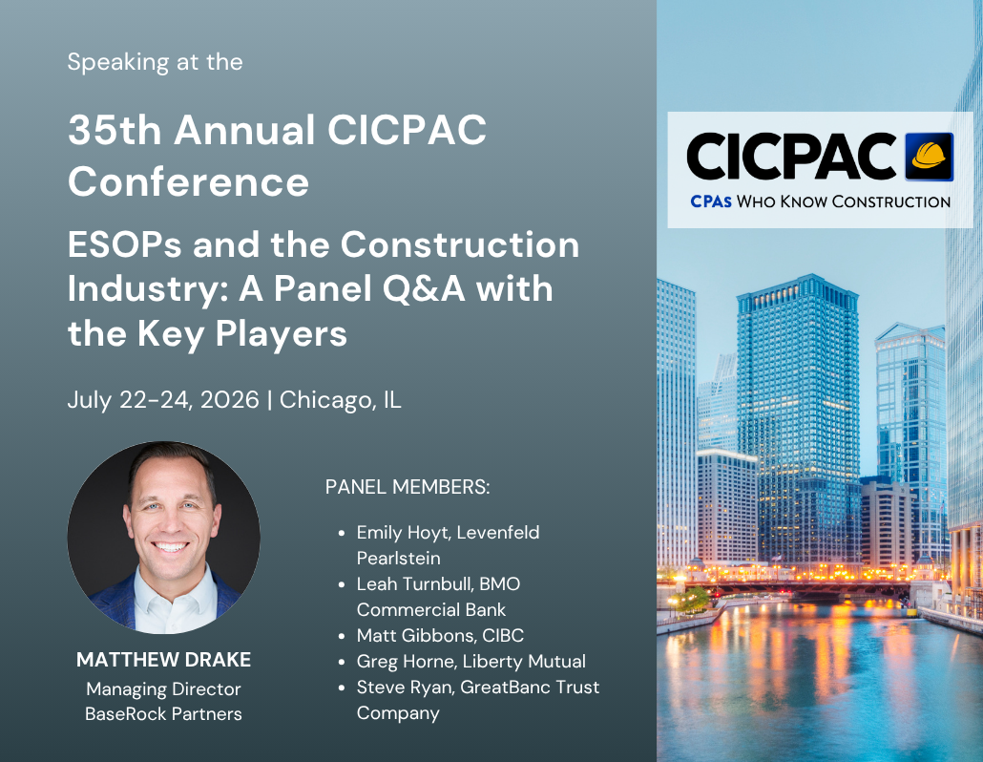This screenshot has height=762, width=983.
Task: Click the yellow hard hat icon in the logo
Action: click(930, 157)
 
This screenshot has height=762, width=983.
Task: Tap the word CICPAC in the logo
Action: click(792, 157)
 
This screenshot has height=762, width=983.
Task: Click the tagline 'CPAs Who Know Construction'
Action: click(820, 201)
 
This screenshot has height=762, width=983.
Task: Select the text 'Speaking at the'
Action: click(155, 62)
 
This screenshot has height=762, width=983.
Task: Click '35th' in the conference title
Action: click(115, 130)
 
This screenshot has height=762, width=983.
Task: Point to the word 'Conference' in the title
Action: click(189, 181)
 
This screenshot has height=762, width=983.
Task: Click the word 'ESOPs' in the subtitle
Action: click(125, 243)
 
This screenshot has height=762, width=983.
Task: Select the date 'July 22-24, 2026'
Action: click(163, 399)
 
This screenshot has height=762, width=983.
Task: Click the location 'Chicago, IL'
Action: click(341, 400)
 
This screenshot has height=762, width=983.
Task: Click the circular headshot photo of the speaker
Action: click(163, 538)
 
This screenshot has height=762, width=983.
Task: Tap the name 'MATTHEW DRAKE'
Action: click(163, 660)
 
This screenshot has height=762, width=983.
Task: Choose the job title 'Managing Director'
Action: click(163, 689)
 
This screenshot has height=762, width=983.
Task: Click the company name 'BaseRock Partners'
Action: click(163, 713)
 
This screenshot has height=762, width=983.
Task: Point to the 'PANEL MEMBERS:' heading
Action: click(408, 487)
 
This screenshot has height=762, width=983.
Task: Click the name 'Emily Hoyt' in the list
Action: click(403, 533)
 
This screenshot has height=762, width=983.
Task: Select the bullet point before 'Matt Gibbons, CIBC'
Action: click(342, 637)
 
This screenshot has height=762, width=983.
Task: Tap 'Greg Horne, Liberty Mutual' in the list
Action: click(471, 661)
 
